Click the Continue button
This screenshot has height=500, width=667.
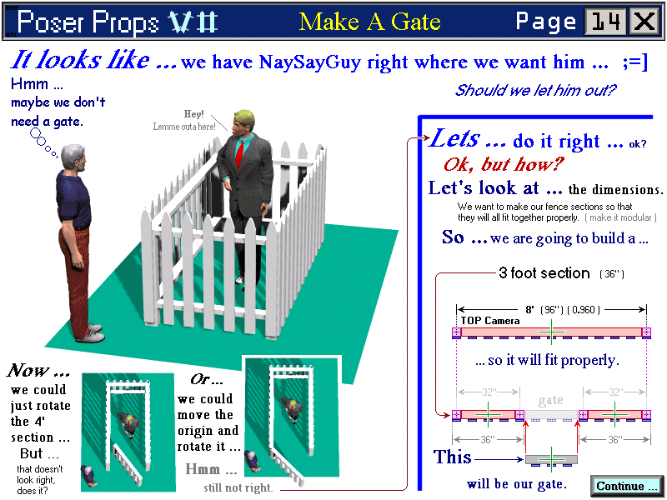coord(626,486)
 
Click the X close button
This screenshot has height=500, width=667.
coord(644,22)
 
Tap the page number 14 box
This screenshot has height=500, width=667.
coord(605,22)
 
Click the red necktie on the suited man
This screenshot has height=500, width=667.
coord(240,154)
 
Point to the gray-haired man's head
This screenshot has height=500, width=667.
coord(73,157)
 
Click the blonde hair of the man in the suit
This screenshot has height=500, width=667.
coord(243,117)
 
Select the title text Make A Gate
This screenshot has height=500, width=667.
coord(369,22)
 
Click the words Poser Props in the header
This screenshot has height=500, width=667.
coord(88,22)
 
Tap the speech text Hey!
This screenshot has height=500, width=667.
coord(193,114)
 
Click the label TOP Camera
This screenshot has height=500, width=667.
coord(490,321)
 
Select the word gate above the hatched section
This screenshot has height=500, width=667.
coord(551,401)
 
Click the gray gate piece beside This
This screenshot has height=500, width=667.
coord(551,460)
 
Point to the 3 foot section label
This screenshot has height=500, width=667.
coord(544,272)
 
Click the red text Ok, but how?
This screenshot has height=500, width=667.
coord(504,164)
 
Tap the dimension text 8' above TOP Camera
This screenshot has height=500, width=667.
coord(529,310)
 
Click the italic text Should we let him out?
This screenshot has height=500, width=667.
coord(535,90)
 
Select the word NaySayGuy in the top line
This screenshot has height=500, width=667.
coord(309,62)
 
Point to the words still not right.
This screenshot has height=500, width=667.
coord(238,487)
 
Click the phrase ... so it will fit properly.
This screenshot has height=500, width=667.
coord(547,361)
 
